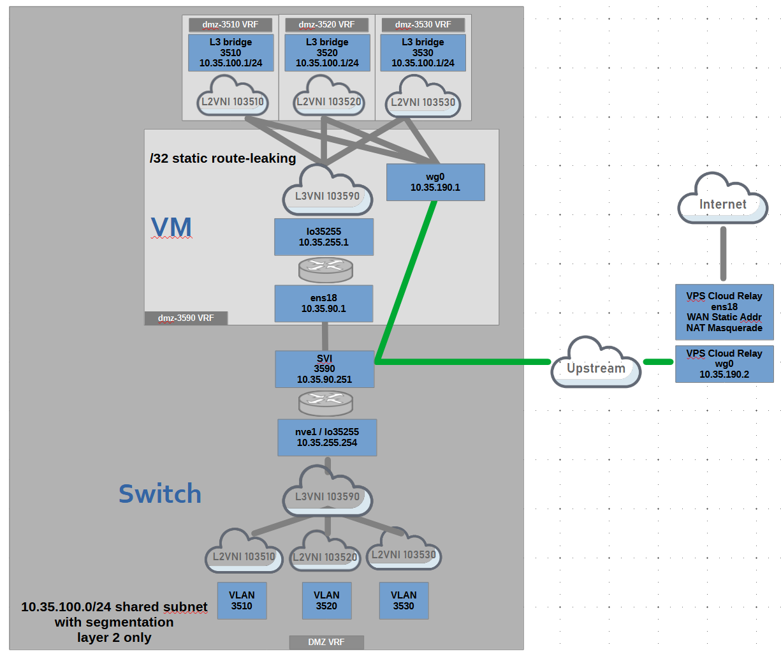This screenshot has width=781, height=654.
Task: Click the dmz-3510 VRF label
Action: pyautogui.click(x=230, y=25)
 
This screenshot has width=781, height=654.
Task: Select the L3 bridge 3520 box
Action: pyautogui.click(x=327, y=53)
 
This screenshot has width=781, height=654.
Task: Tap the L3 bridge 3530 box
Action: pyautogui.click(x=423, y=53)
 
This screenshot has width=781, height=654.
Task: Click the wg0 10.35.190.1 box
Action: pyautogui.click(x=435, y=182)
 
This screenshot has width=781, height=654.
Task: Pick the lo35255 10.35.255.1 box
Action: pyautogui.click(x=324, y=237)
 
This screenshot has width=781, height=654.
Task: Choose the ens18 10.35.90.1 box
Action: pyautogui.click(x=324, y=304)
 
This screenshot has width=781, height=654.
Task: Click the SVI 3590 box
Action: pyautogui.click(x=325, y=369)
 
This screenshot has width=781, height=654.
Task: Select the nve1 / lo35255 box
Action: pyautogui.click(x=327, y=438)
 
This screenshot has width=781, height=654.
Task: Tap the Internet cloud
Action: pyautogui.click(x=722, y=198)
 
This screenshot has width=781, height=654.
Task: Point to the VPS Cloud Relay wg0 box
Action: pyautogui.click(x=724, y=364)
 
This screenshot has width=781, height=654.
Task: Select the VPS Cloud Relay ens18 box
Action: pyautogui.click(x=724, y=312)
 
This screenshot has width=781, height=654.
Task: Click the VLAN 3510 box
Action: pyautogui.click(x=242, y=601)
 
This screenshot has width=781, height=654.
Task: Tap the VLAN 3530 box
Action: pyautogui.click(x=404, y=601)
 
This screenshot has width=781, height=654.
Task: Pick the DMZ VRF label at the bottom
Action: pyautogui.click(x=326, y=643)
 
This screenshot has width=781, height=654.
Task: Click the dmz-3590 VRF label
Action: pyautogui.click(x=186, y=318)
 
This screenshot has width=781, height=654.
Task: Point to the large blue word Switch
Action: pyautogui.click(x=160, y=494)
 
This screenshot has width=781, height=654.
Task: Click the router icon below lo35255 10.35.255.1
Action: pyautogui.click(x=326, y=269)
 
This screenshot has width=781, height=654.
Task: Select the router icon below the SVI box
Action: pyautogui.click(x=326, y=403)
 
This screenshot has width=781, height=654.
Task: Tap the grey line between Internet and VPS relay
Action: pyautogui.click(x=724, y=254)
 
